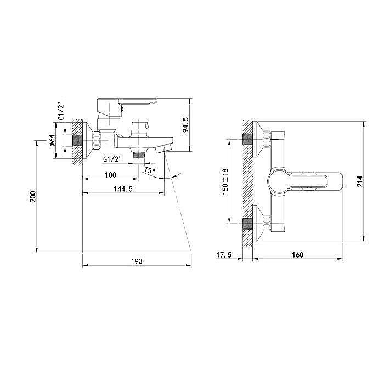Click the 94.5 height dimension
tap(185, 125)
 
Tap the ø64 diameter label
tap(52, 141)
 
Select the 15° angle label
tap(149, 170)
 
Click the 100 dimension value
tap(110, 175)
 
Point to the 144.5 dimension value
tap(123, 189)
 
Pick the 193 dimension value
tap(137, 261)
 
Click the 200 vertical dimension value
tap(33, 197)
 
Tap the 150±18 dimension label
tap(225, 181)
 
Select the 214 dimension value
tap(359, 181)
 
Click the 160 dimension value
tap(297, 255)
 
